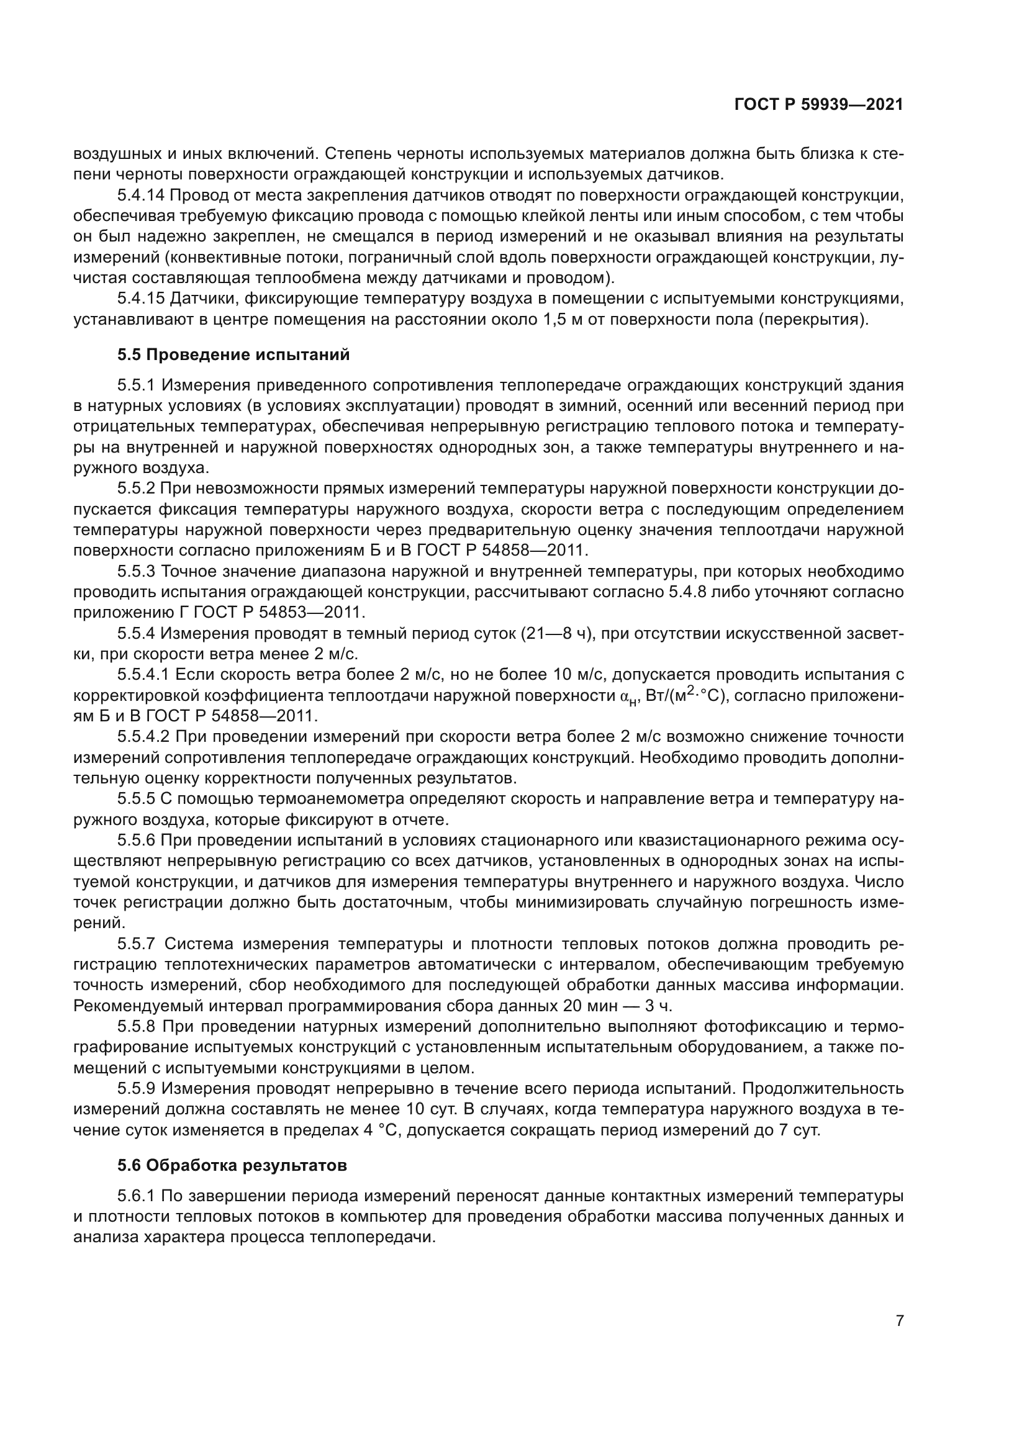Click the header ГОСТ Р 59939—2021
click(818, 105)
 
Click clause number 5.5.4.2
click(144, 737)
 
